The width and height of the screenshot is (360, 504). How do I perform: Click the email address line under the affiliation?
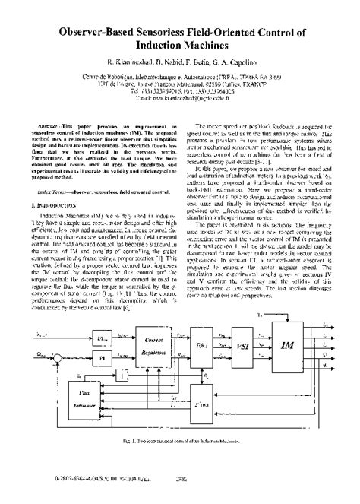tap(180, 98)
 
